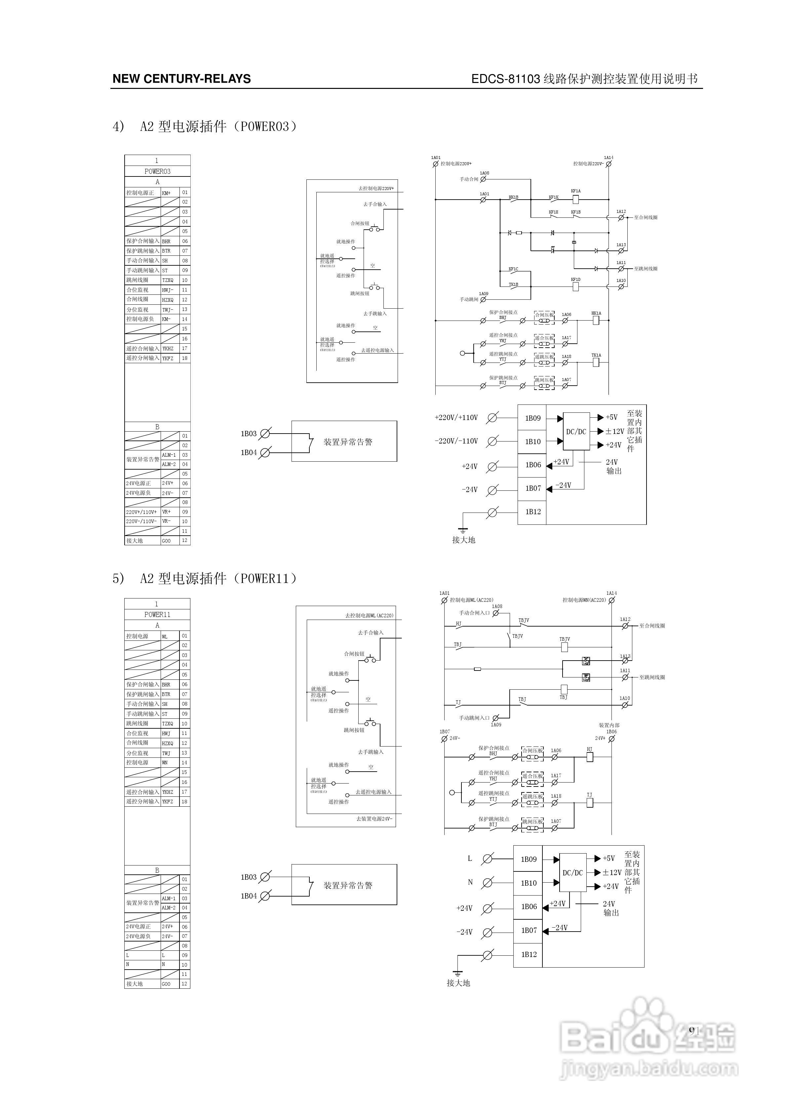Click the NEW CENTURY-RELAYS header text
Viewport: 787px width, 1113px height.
(x=181, y=79)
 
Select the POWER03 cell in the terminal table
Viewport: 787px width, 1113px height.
(x=157, y=171)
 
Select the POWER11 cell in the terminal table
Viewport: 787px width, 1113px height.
(x=157, y=615)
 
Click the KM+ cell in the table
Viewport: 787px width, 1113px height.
(x=166, y=193)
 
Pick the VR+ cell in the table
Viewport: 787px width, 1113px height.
(x=166, y=512)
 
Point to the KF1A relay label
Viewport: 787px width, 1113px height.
(x=575, y=191)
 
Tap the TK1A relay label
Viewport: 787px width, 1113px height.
(x=596, y=355)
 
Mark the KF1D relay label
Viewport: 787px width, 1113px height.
(x=575, y=280)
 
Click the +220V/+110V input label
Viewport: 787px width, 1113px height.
(x=456, y=417)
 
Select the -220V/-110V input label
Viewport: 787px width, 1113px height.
(x=456, y=441)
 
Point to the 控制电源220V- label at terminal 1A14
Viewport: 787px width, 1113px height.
(x=588, y=164)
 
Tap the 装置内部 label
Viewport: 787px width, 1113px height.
(x=609, y=725)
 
